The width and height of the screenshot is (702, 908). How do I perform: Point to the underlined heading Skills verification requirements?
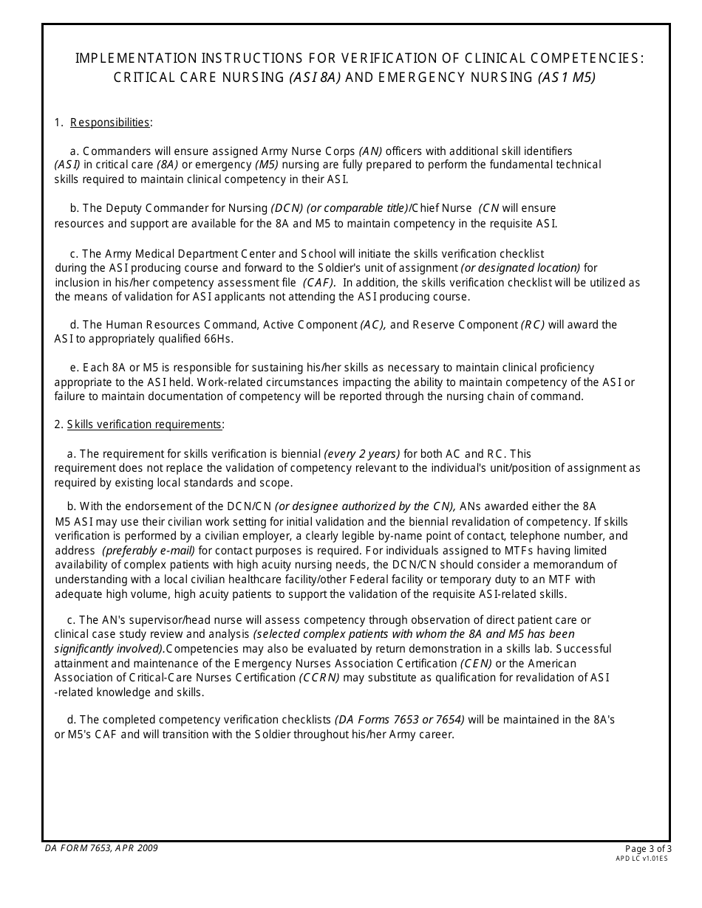(x=145, y=424)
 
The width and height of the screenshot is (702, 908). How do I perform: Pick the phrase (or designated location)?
(x=520, y=268)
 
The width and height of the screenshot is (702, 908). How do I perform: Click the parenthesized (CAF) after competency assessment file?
(x=318, y=282)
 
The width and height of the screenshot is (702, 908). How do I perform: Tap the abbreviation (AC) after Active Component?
(x=373, y=325)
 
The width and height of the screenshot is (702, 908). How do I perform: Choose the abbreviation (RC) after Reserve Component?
(x=533, y=325)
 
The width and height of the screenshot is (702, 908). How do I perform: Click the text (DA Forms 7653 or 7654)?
(x=400, y=720)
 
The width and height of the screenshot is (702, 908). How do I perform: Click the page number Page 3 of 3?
(x=648, y=849)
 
